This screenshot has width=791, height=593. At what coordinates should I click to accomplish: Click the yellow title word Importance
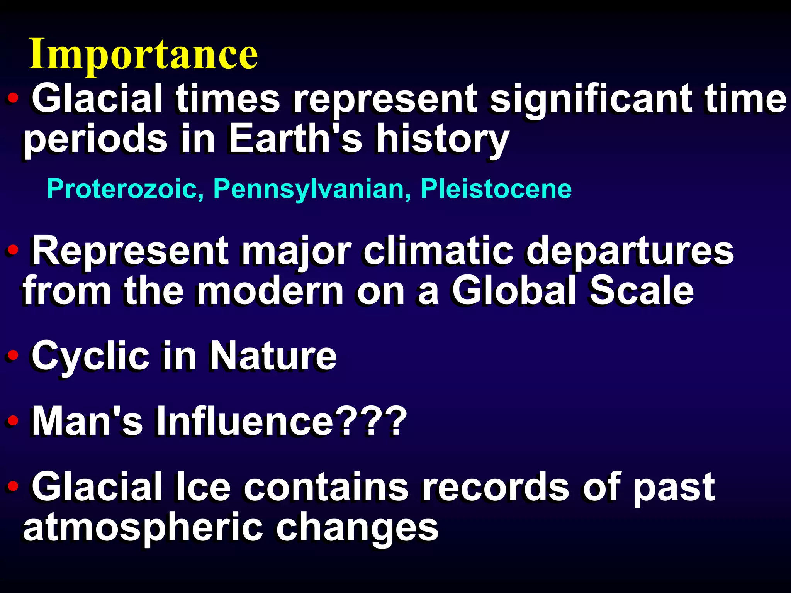coord(143,54)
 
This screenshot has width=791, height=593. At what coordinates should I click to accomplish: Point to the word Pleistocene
coord(496,189)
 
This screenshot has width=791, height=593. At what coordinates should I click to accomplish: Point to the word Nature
coord(273,356)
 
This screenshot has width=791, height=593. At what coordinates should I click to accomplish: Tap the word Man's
coord(87,422)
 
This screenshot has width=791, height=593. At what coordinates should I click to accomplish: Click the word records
coord(496,487)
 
